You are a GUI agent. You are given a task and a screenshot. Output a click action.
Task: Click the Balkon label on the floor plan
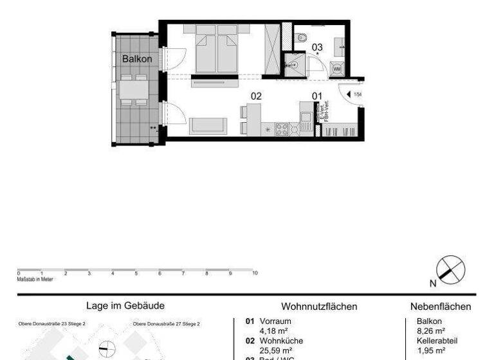pos(136,59)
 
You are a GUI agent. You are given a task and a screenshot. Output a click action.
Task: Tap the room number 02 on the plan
pos(256,96)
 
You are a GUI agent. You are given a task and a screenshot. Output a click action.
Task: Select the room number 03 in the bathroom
pos(317,46)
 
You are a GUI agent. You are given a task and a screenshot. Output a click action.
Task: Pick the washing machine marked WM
pos(336,67)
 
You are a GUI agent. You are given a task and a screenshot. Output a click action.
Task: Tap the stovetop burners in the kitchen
pos(282,129)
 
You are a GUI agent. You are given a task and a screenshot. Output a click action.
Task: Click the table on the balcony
pos(133,89)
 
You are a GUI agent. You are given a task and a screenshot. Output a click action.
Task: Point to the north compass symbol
pos(450,269)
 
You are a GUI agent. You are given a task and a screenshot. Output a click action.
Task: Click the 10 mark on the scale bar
pos(255,273)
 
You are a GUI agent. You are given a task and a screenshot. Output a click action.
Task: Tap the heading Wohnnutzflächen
pos(319,307)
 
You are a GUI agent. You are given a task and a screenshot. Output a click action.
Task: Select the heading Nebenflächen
pos(440,307)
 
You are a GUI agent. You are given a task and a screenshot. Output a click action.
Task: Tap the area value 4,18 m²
pos(273,331)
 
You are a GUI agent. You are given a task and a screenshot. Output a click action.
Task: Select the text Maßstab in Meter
pos(36,279)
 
